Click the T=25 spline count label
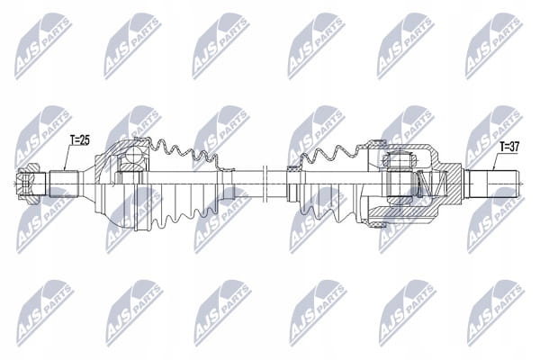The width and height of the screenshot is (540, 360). tap(79, 140)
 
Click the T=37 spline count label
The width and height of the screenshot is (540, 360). tap(509, 147)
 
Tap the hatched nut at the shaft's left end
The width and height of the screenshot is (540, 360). tap(28, 184)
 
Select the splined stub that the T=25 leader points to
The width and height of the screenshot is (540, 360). tap(65, 184)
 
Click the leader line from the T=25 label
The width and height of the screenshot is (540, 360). tap(67, 157)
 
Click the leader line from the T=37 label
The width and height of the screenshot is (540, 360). tap(496, 161)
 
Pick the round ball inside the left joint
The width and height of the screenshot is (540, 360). tap(133, 154)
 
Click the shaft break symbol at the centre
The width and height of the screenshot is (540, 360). tap(265, 184)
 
